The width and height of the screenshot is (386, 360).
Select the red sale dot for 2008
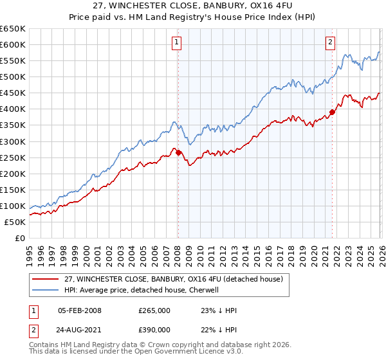click(x=178, y=152)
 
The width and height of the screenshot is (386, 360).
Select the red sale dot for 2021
click(x=333, y=112)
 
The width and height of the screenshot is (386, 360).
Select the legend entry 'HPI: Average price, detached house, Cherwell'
click(x=142, y=290)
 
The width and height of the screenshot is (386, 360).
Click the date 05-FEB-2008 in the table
click(x=80, y=310)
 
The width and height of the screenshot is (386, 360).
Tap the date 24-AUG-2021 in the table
click(x=80, y=329)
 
